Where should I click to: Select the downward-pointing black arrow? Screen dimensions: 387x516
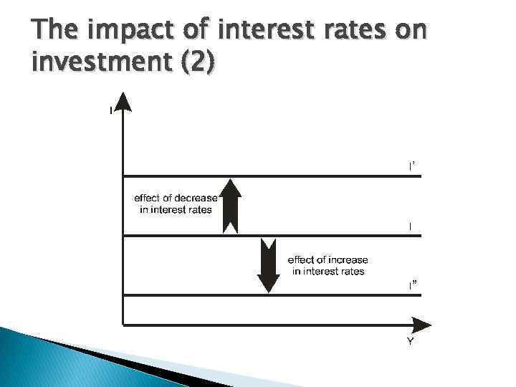pyautogui.click(x=267, y=266)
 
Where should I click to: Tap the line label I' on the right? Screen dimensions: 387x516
pyautogui.click(x=411, y=166)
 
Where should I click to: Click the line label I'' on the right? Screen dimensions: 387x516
pyautogui.click(x=411, y=285)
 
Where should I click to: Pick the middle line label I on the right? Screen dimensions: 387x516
pyautogui.click(x=410, y=226)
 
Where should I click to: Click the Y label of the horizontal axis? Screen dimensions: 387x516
pyautogui.click(x=411, y=342)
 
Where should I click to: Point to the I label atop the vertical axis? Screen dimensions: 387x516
pyautogui.click(x=110, y=110)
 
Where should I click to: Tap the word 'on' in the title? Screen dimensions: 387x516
pyautogui.click(x=411, y=32)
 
